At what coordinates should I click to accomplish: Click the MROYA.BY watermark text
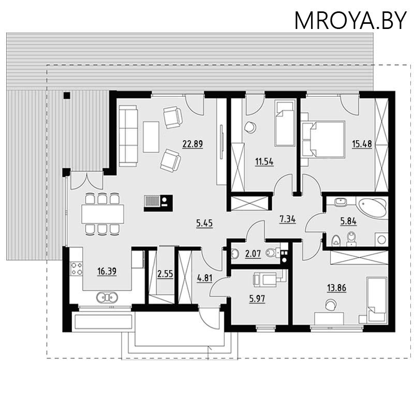(350, 21)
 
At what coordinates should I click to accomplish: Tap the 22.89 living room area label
(193, 144)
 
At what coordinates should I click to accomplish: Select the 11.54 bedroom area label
(264, 161)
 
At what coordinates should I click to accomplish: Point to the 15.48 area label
(362, 144)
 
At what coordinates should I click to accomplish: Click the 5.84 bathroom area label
(348, 221)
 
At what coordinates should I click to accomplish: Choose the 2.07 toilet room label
(253, 254)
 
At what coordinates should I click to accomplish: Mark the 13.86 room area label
(337, 288)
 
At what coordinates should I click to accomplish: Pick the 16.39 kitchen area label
(107, 271)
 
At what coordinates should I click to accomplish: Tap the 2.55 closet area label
(165, 274)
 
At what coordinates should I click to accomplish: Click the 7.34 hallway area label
(288, 219)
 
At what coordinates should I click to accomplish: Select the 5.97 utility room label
(257, 299)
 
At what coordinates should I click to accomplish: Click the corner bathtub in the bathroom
(372, 208)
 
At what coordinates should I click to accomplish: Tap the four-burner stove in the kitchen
(76, 268)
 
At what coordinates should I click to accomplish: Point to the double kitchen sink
(107, 297)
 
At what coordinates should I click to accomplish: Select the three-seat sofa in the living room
(128, 136)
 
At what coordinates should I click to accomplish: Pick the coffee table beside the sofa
(151, 137)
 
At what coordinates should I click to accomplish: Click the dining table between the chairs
(102, 214)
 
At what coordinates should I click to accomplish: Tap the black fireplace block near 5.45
(158, 203)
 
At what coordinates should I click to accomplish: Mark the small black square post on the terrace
(67, 95)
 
